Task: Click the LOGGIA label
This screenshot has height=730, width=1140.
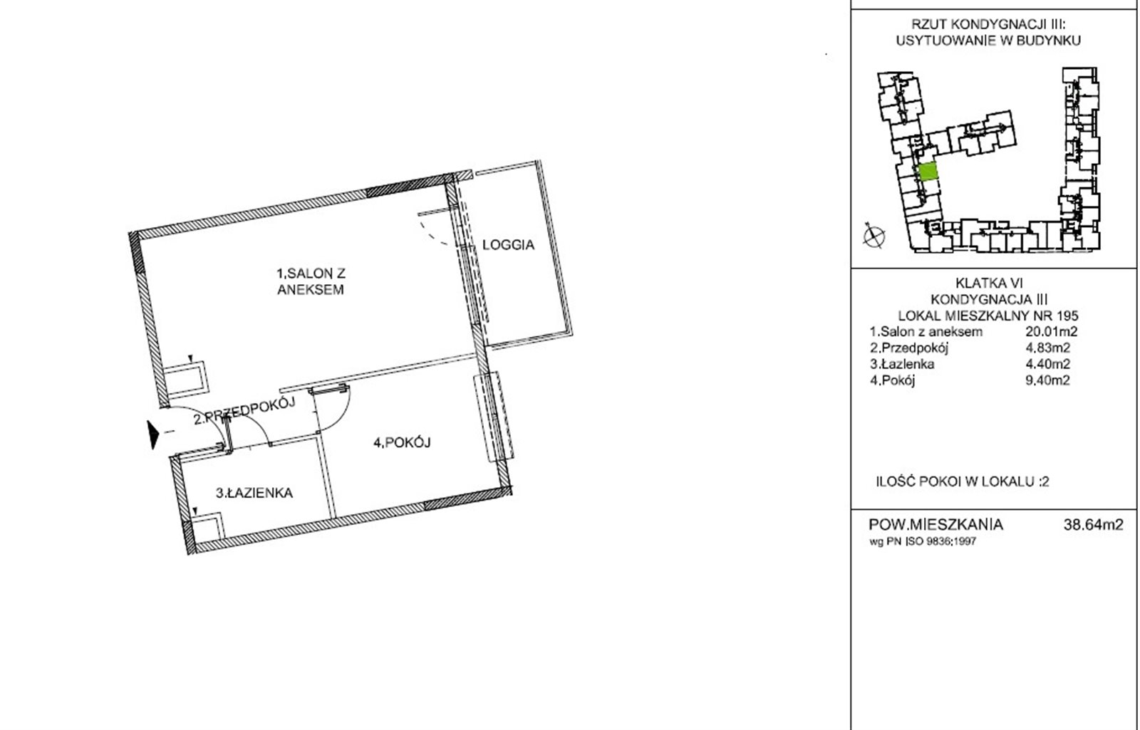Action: [x=509, y=245]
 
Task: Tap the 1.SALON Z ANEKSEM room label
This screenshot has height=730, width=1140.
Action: [x=311, y=282]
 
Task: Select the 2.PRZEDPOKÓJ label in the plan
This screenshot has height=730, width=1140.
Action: [x=245, y=411]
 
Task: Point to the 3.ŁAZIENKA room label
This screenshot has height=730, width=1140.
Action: [x=254, y=493]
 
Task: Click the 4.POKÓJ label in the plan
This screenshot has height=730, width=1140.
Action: [x=402, y=442]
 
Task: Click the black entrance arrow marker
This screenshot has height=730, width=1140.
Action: [x=153, y=434]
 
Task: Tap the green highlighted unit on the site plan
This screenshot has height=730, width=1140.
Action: [x=928, y=172]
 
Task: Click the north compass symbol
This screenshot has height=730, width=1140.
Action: [x=874, y=236]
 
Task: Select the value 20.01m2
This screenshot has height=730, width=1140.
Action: [x=1052, y=332]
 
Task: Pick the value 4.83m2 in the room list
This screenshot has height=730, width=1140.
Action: [x=1048, y=348]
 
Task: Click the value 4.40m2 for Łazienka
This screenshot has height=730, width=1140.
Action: [x=1048, y=364]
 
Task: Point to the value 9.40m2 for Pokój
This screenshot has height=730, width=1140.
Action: [x=1048, y=380]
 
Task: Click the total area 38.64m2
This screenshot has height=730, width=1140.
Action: [x=1093, y=524]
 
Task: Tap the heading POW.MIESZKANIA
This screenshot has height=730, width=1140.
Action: [x=936, y=524]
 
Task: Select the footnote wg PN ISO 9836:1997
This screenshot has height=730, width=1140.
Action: [x=923, y=542]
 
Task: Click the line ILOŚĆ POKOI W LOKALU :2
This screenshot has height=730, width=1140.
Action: [x=963, y=481]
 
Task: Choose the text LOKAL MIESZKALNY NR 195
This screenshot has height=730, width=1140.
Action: [x=988, y=316]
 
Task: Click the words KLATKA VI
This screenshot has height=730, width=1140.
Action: [x=989, y=283]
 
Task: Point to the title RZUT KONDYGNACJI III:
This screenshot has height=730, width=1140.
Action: [x=988, y=24]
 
